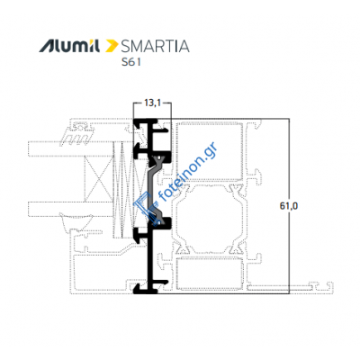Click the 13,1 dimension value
[x=152, y=103]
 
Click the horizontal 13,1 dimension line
[x=152, y=111]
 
